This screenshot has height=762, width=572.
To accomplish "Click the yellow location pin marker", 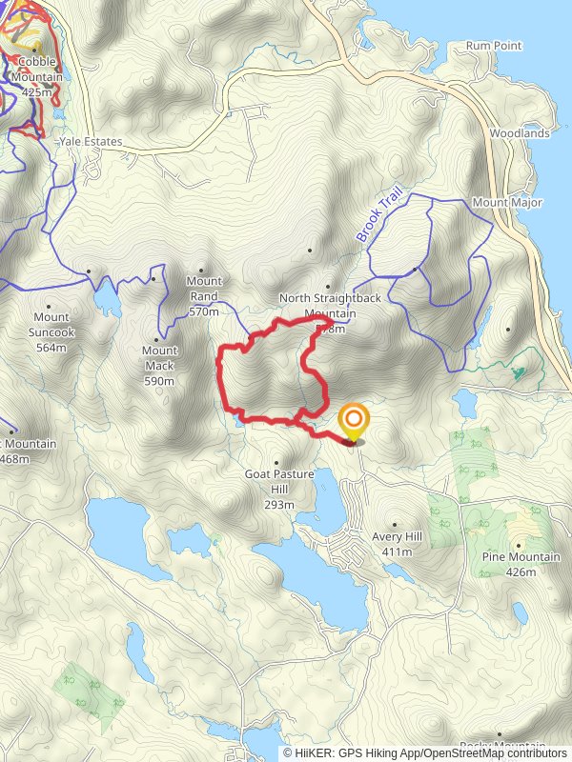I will pyautogui.click(x=354, y=420).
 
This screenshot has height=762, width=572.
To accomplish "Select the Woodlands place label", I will pyautogui.click(x=520, y=133).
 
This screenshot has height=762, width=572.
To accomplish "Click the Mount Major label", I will pyautogui.click(x=507, y=203).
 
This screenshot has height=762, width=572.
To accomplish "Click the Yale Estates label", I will pyautogui.click(x=91, y=142).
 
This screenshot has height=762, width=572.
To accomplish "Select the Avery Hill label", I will pyautogui.click(x=397, y=536).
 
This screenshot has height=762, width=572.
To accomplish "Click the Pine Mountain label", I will pyautogui.click(x=521, y=557).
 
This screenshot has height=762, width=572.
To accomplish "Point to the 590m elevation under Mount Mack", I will pyautogui.click(x=159, y=381).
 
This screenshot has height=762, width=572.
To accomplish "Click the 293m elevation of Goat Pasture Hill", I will pyautogui.click(x=279, y=504).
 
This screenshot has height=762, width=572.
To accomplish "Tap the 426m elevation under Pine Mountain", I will pyautogui.click(x=521, y=572).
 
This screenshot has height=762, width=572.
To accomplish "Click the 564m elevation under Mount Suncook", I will pyautogui.click(x=52, y=348).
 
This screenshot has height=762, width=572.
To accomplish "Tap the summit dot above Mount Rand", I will pyautogui.click(x=201, y=270).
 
